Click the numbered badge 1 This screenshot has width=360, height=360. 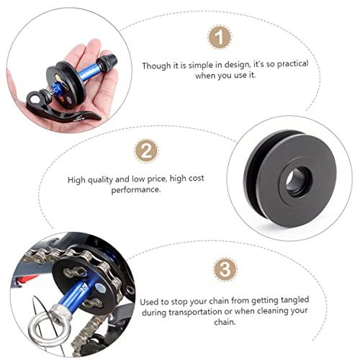pyautogui.click(x=220, y=37)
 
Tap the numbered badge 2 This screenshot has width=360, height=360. pyautogui.click(x=146, y=150)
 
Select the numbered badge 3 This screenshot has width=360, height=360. pyautogui.click(x=225, y=269)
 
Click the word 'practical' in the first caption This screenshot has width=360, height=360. pyautogui.click(x=292, y=64)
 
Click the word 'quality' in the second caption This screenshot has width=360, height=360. pyautogui.click(x=100, y=180)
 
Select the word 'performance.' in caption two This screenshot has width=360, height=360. pyautogui.click(x=136, y=190)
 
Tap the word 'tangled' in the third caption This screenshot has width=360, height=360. pyautogui.click(x=294, y=300)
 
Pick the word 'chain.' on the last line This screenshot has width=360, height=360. pyautogui.click(x=225, y=322)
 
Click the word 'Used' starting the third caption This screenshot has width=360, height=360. pyautogui.click(x=148, y=302)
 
